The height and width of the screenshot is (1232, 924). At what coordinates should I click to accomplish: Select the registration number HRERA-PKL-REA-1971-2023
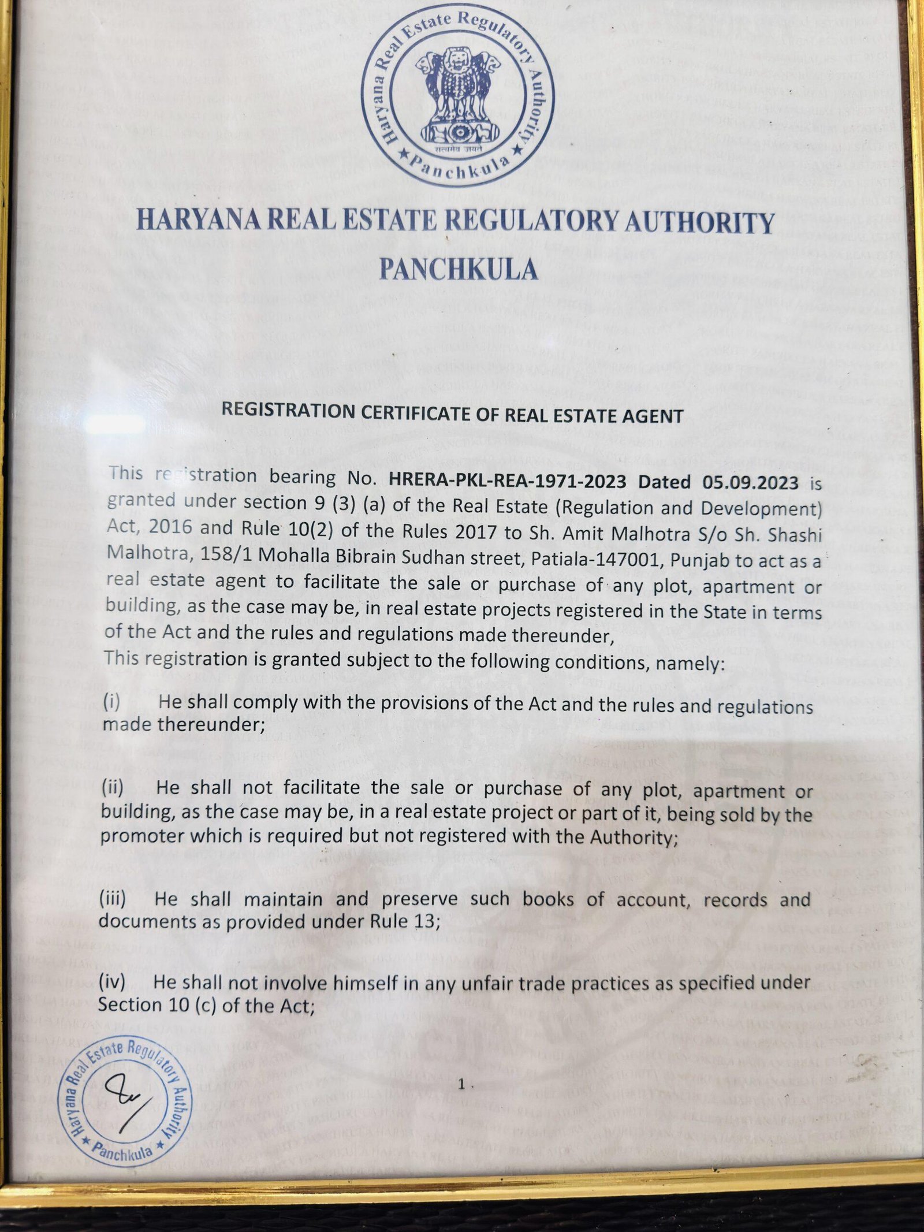508,481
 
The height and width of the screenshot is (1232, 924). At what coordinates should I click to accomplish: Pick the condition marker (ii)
112,787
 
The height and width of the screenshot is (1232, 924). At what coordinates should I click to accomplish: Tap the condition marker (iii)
112,899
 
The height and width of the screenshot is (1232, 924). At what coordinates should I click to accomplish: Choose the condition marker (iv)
111,982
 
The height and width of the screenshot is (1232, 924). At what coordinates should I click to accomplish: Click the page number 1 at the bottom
461,1085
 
